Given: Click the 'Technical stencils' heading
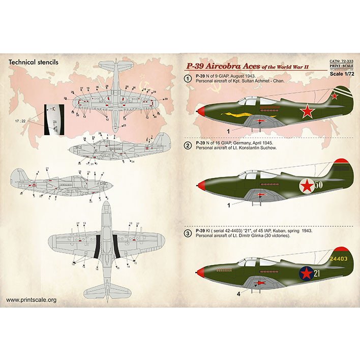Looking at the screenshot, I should pos(34,62).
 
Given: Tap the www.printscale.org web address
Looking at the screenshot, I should pos(31,300).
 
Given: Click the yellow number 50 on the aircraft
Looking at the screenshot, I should pos(319,185).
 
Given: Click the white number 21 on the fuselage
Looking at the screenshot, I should pos(317,274).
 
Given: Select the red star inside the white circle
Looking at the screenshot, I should pos(307,187).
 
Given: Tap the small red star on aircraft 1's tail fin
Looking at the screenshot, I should pos(334,95).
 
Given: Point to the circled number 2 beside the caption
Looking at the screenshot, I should pos(188,145).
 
